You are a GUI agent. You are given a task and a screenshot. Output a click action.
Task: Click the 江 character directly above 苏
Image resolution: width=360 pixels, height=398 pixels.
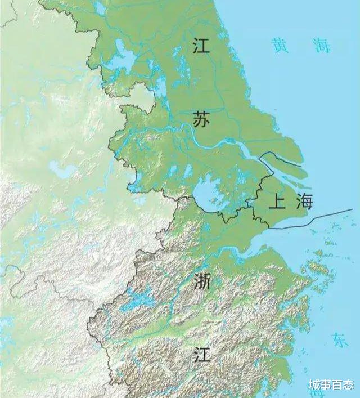click(x=201, y=45)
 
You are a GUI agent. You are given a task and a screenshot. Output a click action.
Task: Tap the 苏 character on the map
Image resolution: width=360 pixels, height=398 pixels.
click(x=201, y=119)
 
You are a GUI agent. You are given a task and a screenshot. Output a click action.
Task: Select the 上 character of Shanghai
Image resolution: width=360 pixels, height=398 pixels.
click(x=276, y=202)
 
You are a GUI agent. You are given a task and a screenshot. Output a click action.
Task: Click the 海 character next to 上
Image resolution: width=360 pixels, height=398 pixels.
click(x=304, y=201)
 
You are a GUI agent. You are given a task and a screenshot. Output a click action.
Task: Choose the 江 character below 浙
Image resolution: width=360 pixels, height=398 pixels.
click(x=201, y=355)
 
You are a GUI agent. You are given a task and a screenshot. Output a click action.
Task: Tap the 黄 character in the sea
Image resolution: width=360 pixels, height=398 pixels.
click(x=280, y=45)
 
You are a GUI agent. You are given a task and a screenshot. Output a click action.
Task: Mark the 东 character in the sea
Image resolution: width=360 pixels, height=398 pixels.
click(x=340, y=339)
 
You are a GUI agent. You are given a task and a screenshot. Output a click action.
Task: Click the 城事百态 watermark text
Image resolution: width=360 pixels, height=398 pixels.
click(x=331, y=385)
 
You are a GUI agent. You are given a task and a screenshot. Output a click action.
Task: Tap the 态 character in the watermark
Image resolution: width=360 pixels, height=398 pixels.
click(x=348, y=385)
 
